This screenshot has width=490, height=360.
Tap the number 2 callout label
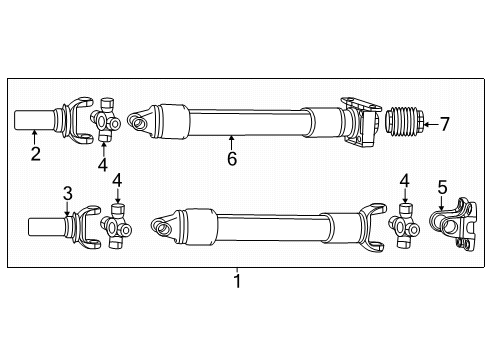[35, 153]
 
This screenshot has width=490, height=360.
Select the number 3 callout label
[67, 192]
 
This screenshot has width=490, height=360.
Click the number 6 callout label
[231, 158]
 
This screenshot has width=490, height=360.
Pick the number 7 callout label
[444, 124]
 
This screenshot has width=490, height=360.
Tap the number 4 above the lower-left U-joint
[118, 181]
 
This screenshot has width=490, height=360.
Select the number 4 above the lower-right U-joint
[405, 181]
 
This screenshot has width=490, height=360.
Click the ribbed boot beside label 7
[406, 124]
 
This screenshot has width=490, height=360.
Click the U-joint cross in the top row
[105, 122]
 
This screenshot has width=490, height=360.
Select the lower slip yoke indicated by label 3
[65, 228]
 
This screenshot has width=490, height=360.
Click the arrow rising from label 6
[231, 142]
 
